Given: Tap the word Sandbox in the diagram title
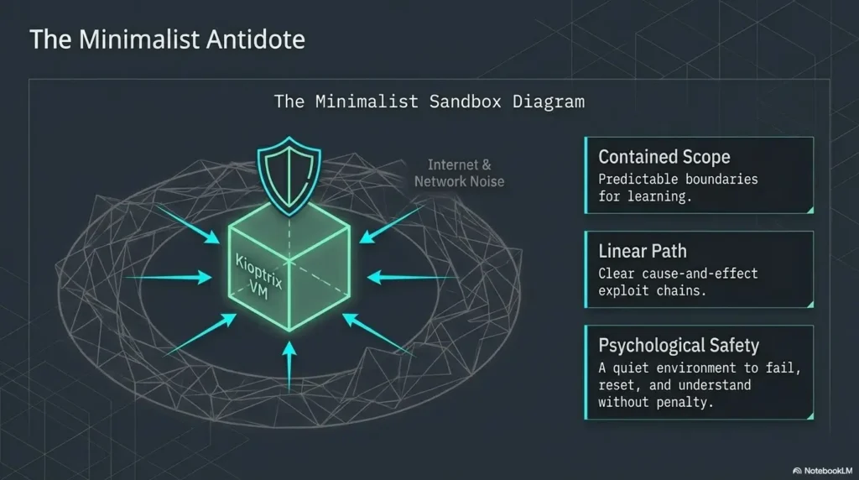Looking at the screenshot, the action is (x=465, y=102).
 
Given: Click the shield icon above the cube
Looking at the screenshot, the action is (x=289, y=175).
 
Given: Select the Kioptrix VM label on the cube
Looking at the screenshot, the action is (x=258, y=277).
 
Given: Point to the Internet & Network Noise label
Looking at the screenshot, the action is (x=459, y=173).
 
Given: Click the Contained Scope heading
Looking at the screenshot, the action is (x=664, y=157).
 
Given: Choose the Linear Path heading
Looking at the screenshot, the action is (x=642, y=251).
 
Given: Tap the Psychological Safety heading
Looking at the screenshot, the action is (x=679, y=345).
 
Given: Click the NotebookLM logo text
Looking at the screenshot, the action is (x=828, y=471).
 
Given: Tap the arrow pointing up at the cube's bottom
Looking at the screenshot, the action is (x=289, y=366).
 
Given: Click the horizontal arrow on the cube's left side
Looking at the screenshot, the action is (x=169, y=277).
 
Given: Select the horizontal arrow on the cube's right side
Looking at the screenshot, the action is (x=411, y=277).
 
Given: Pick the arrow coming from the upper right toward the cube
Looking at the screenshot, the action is (x=392, y=224).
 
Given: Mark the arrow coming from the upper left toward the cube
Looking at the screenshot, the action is (x=188, y=224).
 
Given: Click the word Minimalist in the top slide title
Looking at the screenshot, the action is (x=139, y=39).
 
